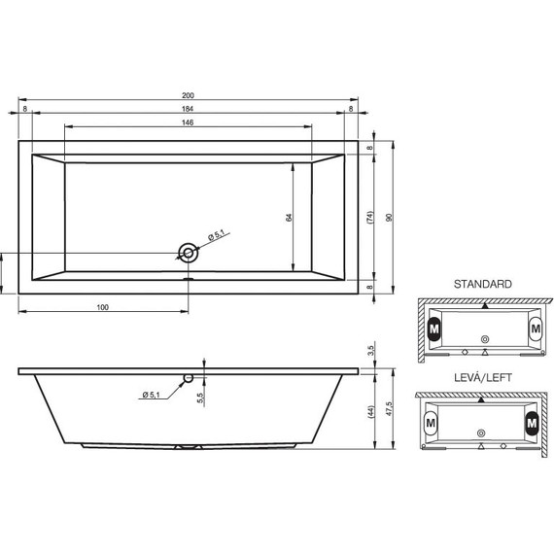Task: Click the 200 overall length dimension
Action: click(187, 95)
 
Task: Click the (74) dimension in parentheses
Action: click(369, 218)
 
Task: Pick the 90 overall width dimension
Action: click(389, 218)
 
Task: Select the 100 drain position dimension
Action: click(102, 307)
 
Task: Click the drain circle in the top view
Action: click(188, 254)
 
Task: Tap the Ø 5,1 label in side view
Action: click(153, 394)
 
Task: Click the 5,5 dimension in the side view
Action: click(198, 396)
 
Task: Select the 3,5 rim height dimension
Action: click(370, 350)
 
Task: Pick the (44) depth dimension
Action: click(370, 412)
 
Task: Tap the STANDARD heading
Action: click(482, 285)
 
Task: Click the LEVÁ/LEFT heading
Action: click(482, 376)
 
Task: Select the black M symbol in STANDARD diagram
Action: click(433, 329)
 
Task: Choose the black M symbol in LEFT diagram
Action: click(532, 422)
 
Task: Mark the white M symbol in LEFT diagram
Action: click(431, 422)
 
